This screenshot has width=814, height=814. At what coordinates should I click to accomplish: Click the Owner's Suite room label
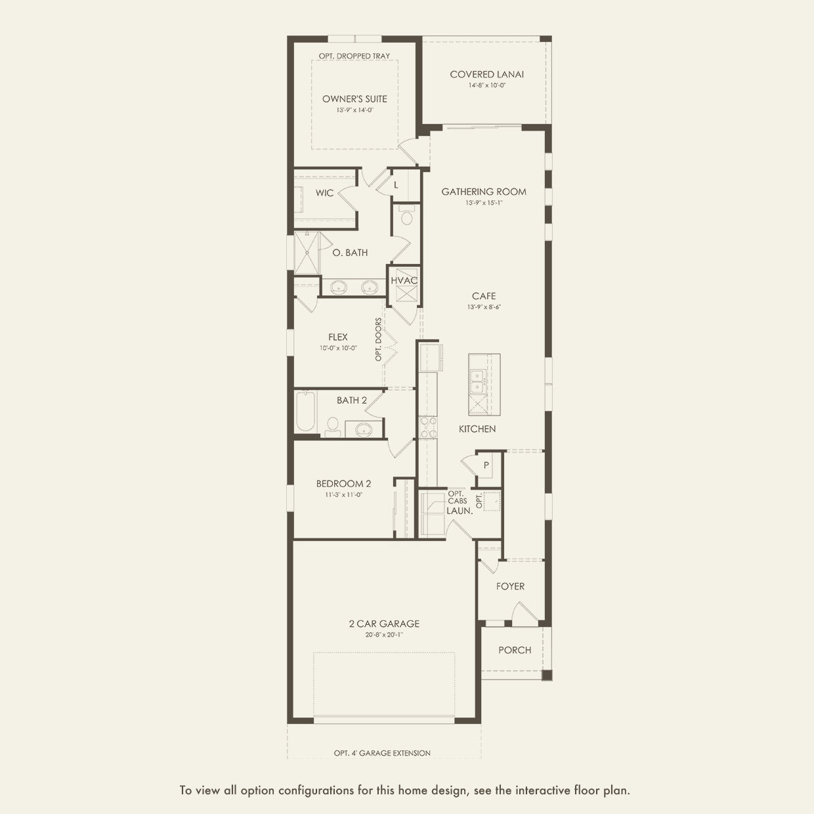(354, 99)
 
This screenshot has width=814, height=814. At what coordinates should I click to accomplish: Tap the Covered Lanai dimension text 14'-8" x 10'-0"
(486, 85)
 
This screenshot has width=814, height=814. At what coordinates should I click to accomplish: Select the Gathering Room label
(484, 192)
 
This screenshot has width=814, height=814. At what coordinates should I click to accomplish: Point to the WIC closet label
(324, 193)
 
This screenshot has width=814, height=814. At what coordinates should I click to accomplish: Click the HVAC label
(404, 280)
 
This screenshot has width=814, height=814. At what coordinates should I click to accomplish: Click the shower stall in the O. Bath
(307, 253)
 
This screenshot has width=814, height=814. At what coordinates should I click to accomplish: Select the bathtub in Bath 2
(306, 412)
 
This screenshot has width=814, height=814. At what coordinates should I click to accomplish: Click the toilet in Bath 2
(333, 427)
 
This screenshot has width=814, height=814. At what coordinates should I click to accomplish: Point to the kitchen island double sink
(478, 381)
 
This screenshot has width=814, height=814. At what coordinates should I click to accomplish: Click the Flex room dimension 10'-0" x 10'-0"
(338, 349)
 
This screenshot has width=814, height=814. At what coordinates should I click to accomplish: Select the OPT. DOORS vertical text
(378, 339)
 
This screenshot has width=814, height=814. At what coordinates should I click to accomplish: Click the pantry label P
(486, 465)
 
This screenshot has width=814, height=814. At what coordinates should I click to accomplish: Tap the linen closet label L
(396, 185)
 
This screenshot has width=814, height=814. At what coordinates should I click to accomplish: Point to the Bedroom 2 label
(343, 484)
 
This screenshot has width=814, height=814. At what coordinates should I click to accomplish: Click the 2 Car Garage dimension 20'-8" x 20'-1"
(384, 635)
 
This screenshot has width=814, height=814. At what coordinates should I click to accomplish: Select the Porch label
(515, 650)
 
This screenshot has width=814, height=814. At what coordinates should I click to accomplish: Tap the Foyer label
(510, 586)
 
